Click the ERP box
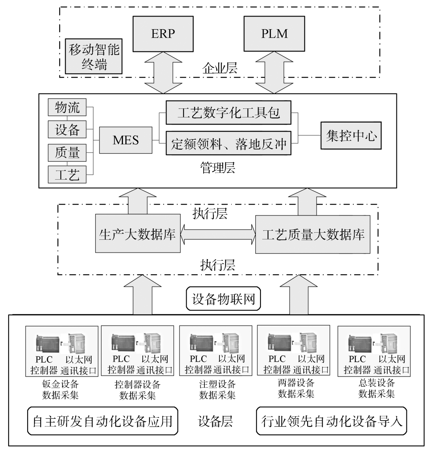click(x=162, y=34)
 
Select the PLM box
click(x=274, y=34)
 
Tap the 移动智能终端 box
click(x=94, y=56)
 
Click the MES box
click(x=125, y=140)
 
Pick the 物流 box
click(x=67, y=108)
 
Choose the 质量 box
click(x=67, y=152)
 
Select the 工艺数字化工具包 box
click(x=228, y=113)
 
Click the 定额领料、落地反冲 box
click(x=228, y=143)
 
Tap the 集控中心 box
click(x=351, y=136)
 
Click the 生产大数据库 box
click(x=137, y=234)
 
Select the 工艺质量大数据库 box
click(x=313, y=234)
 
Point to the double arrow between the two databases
click(x=218, y=234)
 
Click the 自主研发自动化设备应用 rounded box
click(x=102, y=421)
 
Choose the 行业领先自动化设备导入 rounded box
click(x=331, y=421)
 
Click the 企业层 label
click(x=219, y=68)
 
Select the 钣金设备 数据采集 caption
click(x=60, y=389)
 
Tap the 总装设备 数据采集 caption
click(x=376, y=388)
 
